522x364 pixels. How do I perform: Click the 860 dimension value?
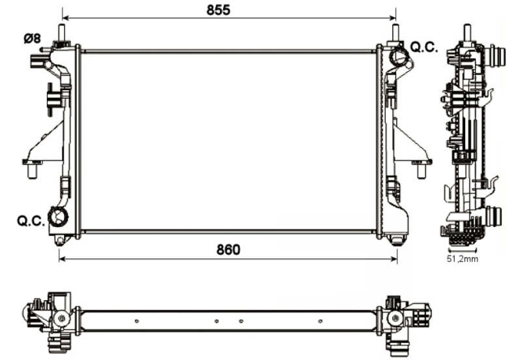coord(228,250)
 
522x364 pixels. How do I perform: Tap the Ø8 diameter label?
coord(32,38)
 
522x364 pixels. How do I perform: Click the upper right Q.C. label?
coord(423,48)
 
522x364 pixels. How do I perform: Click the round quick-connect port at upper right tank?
coord(399,57)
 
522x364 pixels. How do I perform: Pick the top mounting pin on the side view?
coord(467,33)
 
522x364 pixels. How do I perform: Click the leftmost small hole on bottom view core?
coord(136,321)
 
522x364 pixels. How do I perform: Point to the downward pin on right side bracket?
coord(421,171)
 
